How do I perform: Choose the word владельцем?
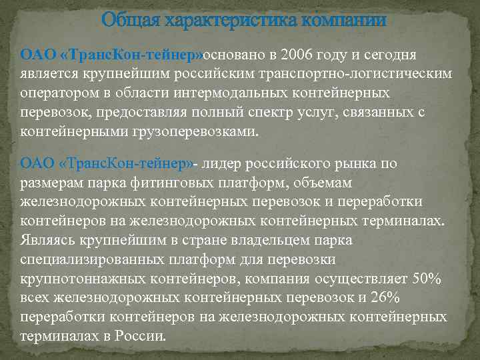[250, 239]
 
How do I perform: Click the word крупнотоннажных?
[91, 278]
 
